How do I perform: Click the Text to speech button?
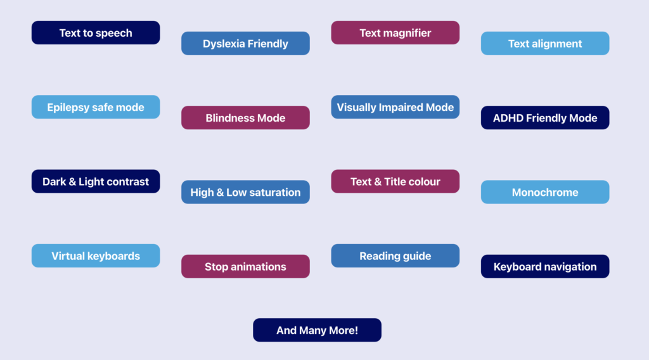point(96,33)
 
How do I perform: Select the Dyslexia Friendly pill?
point(245,44)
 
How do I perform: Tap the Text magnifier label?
point(395,33)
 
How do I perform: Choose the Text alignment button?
point(545,44)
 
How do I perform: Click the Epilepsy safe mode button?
point(96,107)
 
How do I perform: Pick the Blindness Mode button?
point(245,118)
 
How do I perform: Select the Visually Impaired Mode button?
point(395,107)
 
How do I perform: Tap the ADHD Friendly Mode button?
point(545,118)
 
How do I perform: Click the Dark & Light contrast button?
point(96,182)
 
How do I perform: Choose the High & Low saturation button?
point(245,192)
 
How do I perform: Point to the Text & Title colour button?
point(395,182)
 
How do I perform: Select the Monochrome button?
point(545,192)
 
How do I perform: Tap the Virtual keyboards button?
point(96,255)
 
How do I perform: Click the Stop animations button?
point(245,266)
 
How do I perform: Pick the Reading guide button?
point(395,255)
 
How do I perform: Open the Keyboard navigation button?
point(545,266)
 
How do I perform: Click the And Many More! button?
point(317,330)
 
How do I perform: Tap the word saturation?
point(275,193)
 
